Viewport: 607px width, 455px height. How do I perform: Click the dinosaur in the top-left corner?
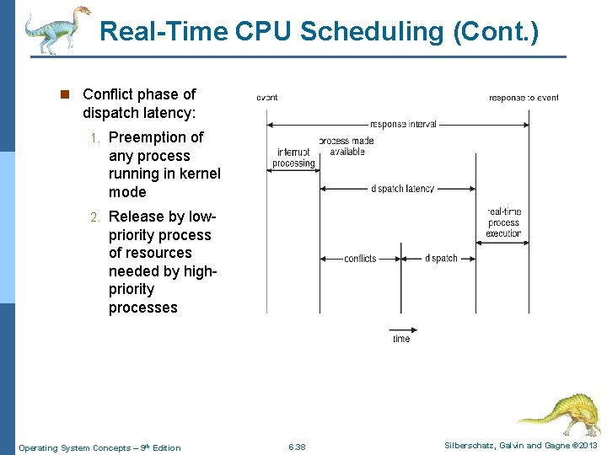tap(56, 29)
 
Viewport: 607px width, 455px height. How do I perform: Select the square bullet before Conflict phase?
tap(64, 94)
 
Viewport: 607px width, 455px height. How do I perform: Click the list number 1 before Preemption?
tap(96, 137)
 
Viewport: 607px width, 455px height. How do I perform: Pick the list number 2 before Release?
tap(96, 217)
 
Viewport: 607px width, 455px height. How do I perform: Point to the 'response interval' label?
tap(403, 124)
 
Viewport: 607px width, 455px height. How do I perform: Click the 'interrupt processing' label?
tap(293, 158)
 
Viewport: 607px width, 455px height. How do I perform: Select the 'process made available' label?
tap(346, 146)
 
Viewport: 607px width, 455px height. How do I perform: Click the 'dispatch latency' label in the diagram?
tap(402, 188)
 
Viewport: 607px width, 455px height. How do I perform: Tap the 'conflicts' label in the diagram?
tap(360, 258)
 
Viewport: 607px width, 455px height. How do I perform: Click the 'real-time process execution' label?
tap(503, 222)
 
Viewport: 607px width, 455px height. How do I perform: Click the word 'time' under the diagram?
tap(401, 339)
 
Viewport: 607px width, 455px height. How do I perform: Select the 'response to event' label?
tap(523, 98)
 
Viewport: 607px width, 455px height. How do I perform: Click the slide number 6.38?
tap(297, 447)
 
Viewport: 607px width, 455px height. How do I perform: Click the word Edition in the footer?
tap(165, 447)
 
